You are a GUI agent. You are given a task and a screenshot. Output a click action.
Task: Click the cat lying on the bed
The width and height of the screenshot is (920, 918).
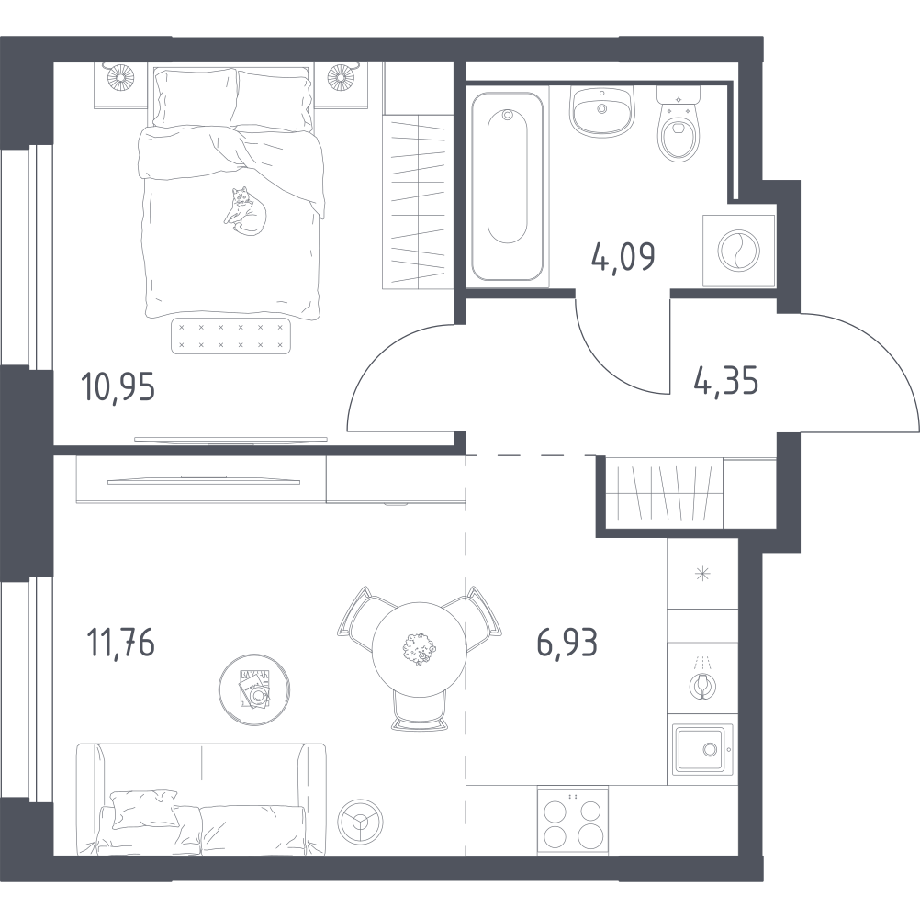pos(245,212)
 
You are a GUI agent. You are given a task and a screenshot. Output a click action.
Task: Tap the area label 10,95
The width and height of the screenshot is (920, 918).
pos(118,388)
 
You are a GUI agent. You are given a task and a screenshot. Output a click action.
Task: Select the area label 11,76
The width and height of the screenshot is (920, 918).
pos(120,642)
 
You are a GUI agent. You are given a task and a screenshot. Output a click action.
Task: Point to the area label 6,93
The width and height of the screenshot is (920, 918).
pos(567,642)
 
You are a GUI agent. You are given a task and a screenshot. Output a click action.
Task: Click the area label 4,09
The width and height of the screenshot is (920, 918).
pos(623,257)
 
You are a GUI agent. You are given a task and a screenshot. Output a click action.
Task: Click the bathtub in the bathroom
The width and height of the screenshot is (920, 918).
pos(508,186)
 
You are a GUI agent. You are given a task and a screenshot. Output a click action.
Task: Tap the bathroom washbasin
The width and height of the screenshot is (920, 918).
pos(602,111)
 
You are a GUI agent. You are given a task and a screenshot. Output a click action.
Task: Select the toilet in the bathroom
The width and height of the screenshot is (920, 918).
pos(679,124)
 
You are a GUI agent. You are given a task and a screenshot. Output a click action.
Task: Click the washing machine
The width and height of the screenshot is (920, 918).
pos(739,251)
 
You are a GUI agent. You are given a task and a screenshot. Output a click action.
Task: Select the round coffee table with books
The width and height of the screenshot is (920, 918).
pos(254,689)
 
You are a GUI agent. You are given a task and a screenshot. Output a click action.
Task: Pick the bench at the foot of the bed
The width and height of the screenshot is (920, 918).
pos(230,336)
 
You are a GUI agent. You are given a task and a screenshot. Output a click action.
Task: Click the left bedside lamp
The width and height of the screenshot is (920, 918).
pos(121,76)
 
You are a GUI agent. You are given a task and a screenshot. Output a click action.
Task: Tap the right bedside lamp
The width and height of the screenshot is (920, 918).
pos(341,76)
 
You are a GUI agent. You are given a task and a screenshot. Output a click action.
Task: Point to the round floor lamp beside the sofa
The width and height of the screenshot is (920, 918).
pos(360,822)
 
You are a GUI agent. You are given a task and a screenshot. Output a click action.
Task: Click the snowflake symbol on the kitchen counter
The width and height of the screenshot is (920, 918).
pos(702,575)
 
